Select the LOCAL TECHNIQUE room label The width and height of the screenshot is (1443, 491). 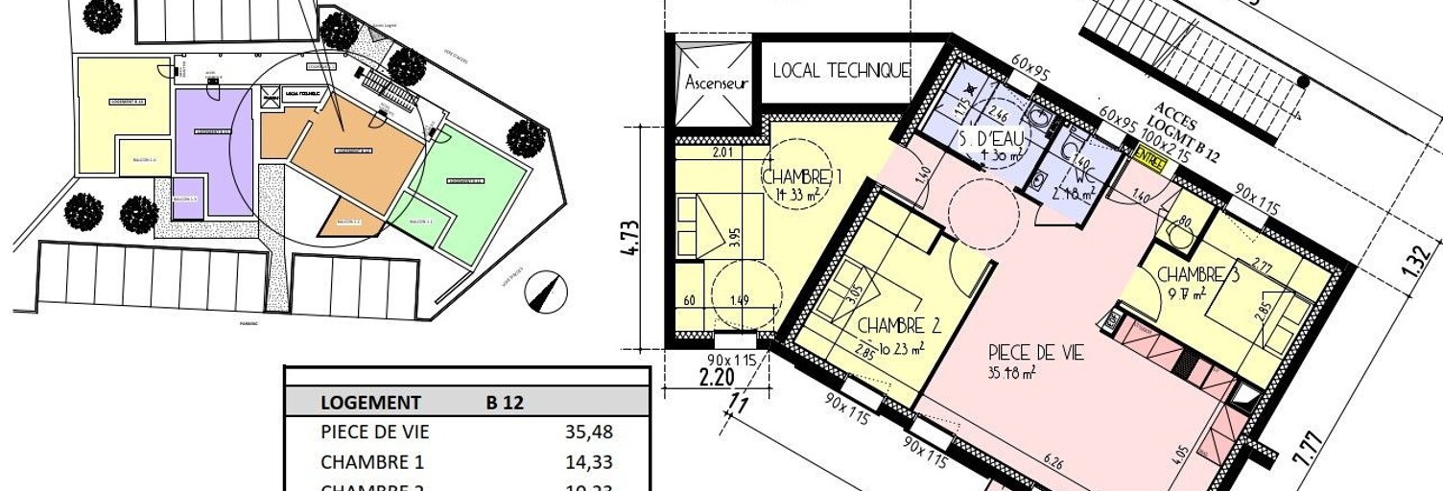pyautogui.click(x=840, y=70)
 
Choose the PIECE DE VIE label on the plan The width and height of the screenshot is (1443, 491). pyautogui.click(x=1036, y=353)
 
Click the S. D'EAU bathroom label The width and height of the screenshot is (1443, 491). pyautogui.click(x=990, y=138)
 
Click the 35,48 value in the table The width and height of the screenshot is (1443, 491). pyautogui.click(x=589, y=433)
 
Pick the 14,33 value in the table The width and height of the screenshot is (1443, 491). pyautogui.click(x=589, y=462)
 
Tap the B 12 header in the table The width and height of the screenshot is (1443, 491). pyautogui.click(x=505, y=403)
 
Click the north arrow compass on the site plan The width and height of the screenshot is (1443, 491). pyautogui.click(x=546, y=290)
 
